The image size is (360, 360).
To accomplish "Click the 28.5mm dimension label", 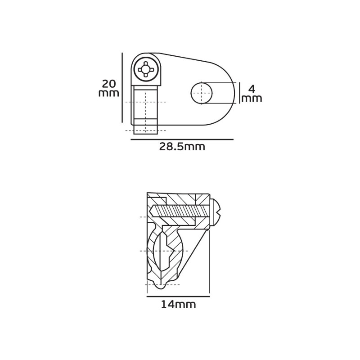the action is (182, 147).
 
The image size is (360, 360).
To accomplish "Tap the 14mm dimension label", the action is (178, 305).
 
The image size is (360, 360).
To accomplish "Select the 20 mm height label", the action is (109, 88).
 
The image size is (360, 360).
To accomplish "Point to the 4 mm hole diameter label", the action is (252, 94).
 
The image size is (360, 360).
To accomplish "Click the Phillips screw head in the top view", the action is (145, 69).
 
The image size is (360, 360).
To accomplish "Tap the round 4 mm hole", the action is (201, 93).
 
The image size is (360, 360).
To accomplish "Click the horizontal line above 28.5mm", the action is (182, 139).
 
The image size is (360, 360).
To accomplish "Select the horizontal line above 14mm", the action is (178, 297).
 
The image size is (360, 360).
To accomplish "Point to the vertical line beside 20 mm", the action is (122, 88).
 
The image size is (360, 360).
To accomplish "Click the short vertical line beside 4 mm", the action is (240, 93).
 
